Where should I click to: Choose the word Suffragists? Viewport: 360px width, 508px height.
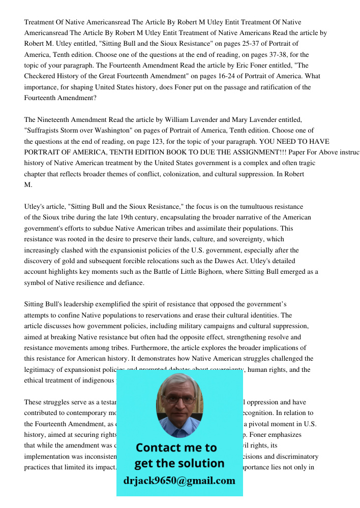click(44, 131)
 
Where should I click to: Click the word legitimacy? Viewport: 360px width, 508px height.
click(41, 369)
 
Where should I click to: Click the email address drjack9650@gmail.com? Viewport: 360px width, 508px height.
click(179, 481)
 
